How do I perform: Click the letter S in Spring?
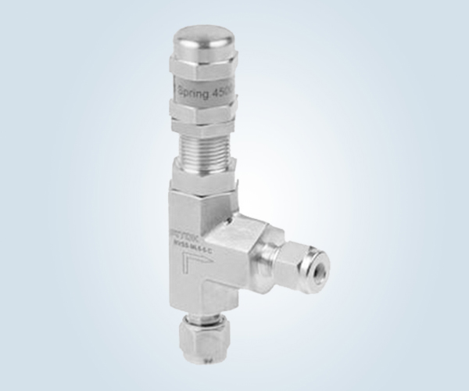point(182,88)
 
